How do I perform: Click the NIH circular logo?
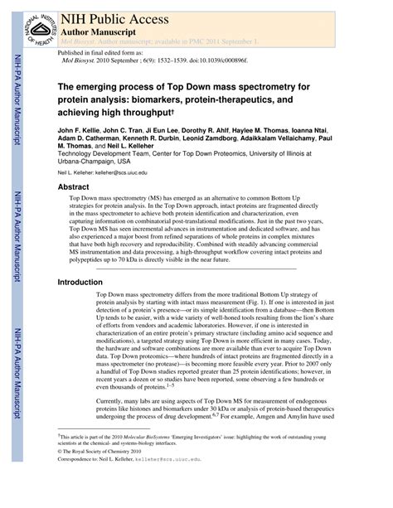pyautogui.click(x=34, y=24)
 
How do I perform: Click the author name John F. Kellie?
pyautogui.click(x=79, y=131)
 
